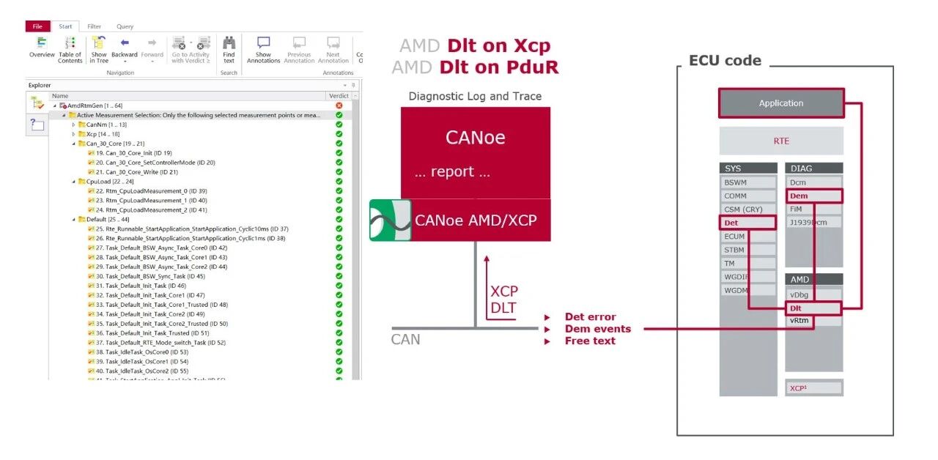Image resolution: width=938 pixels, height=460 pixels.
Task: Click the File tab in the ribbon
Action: coord(37,26)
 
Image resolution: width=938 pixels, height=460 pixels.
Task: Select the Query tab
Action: coord(125,26)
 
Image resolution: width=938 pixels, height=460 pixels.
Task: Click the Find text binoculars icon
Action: coord(229,45)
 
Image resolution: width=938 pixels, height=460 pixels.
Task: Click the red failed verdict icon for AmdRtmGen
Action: coord(339,105)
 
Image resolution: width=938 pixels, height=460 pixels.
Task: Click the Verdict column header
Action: coord(338,96)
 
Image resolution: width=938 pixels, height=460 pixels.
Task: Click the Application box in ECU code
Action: coord(781,103)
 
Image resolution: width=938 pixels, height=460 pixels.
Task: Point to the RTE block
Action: coord(781,141)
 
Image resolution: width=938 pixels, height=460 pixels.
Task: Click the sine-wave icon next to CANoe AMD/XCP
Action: coord(390,220)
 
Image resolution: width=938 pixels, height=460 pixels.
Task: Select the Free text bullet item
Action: coord(589,341)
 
